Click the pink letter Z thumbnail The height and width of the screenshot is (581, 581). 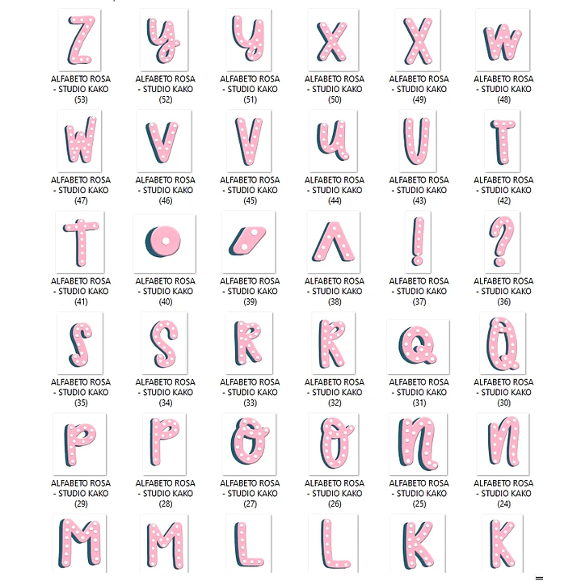[x=80, y=40]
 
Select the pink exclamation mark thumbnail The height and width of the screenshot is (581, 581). [x=418, y=242]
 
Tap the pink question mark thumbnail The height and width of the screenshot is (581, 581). [x=502, y=242]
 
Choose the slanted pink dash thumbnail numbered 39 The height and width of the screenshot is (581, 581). [x=249, y=242]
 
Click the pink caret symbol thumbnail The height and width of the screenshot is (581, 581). [x=334, y=242]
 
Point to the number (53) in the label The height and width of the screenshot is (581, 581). [x=81, y=99]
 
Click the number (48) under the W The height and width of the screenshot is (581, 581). [x=503, y=99]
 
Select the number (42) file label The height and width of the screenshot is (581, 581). [x=503, y=201]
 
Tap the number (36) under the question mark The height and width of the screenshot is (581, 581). [x=503, y=302]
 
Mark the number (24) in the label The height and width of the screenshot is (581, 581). [x=503, y=504]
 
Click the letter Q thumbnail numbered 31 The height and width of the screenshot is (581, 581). [x=418, y=347]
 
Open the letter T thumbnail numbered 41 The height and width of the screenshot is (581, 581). [x=80, y=242]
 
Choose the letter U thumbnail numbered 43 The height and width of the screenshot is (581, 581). [x=418, y=141]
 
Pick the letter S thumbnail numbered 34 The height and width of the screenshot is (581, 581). [x=165, y=343]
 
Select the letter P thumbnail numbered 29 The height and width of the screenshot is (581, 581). [x=80, y=444]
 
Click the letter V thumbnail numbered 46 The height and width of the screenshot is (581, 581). [x=164, y=141]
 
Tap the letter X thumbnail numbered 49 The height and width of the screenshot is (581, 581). [x=418, y=40]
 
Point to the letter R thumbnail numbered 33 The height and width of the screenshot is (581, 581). [x=249, y=343]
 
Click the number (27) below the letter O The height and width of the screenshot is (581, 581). [x=251, y=504]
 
